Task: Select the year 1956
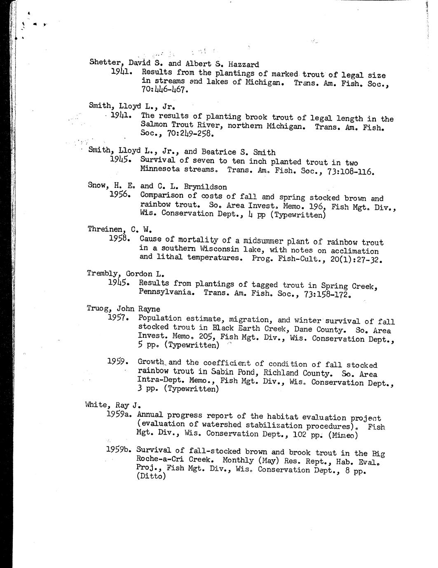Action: (120, 194)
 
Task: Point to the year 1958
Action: (120, 238)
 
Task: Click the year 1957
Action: (119, 318)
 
